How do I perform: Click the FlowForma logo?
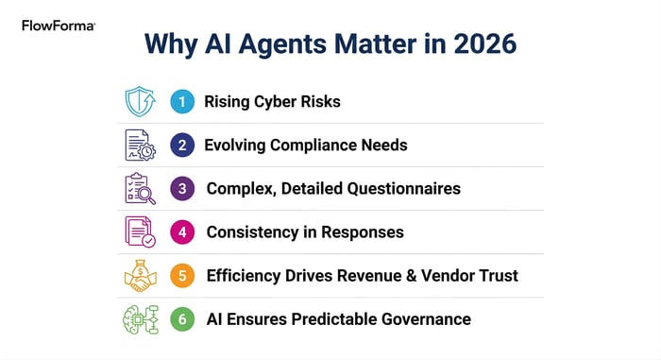(58, 26)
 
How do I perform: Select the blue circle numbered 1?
(181, 102)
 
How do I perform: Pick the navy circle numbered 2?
(181, 146)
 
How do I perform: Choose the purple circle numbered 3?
(182, 189)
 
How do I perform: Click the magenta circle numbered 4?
(182, 232)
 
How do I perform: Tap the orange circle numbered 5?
(182, 276)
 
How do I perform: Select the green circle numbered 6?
(182, 319)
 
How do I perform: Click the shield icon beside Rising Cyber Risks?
(140, 101)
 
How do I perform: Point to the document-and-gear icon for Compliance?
(141, 145)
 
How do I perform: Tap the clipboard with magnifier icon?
(141, 189)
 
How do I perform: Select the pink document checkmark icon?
(141, 232)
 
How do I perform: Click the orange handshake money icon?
(140, 275)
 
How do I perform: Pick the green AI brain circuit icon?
(141, 319)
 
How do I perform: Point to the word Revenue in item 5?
(373, 276)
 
